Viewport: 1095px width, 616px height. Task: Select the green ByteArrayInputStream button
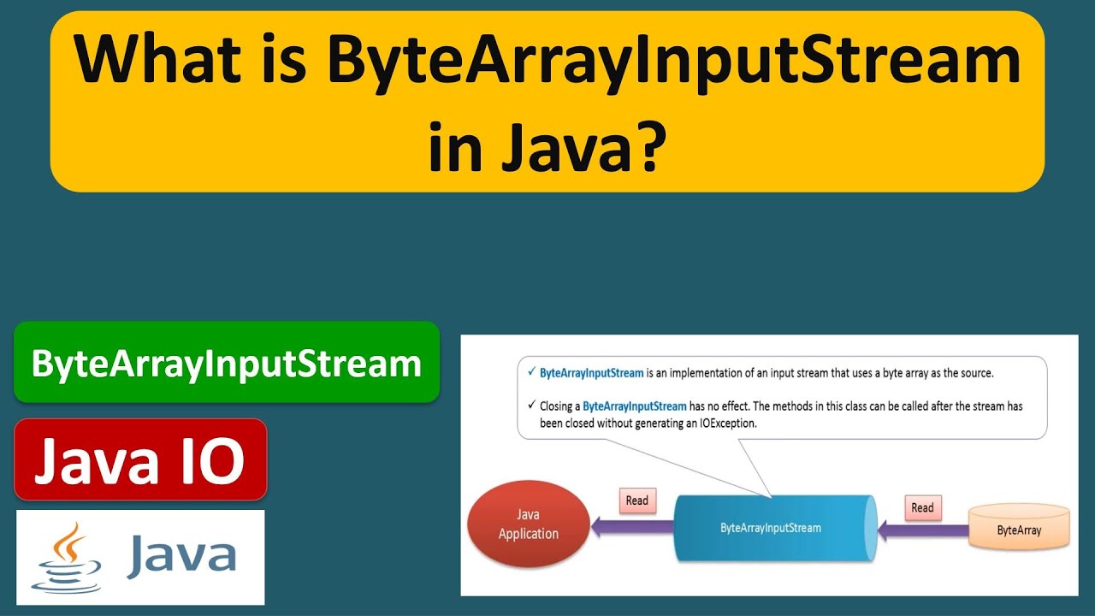click(x=227, y=363)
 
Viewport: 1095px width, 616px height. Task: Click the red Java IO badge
click(x=140, y=460)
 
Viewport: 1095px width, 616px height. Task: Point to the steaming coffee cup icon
click(x=67, y=557)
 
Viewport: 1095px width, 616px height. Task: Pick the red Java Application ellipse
click(x=529, y=524)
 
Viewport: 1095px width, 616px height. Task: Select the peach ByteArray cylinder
click(x=1019, y=529)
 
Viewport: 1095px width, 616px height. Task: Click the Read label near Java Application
click(x=637, y=500)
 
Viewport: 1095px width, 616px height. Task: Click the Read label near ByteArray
click(x=922, y=507)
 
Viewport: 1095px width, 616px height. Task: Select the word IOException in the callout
click(x=723, y=423)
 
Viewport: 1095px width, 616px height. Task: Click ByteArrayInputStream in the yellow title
click(x=673, y=62)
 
